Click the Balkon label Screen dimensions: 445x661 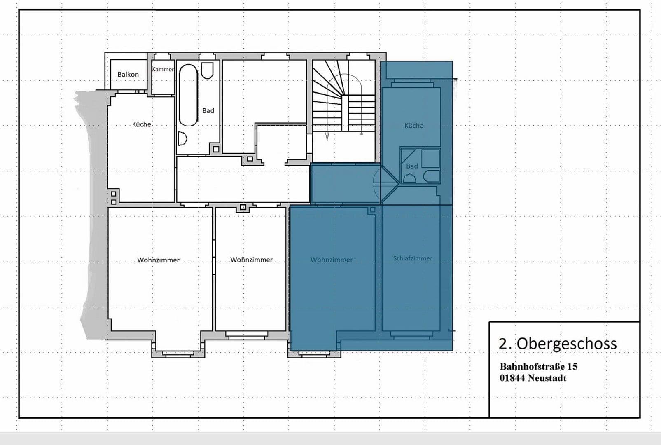128,75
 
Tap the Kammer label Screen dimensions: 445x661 163,69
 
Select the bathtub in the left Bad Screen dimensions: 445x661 189,95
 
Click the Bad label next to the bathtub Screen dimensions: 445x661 208,111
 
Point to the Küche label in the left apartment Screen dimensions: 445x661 141,124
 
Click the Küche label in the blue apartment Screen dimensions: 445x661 414,126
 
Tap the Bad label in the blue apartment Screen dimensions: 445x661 412,166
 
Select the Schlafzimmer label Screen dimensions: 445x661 413,259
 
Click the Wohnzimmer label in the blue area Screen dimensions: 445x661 332,260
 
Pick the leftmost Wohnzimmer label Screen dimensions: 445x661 159,260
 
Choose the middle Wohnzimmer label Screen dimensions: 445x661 251,260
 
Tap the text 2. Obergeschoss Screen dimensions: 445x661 558,344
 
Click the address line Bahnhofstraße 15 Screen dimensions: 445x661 538,366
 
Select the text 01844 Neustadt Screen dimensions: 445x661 533,378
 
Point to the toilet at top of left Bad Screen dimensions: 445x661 207,70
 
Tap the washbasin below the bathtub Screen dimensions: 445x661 182,139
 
